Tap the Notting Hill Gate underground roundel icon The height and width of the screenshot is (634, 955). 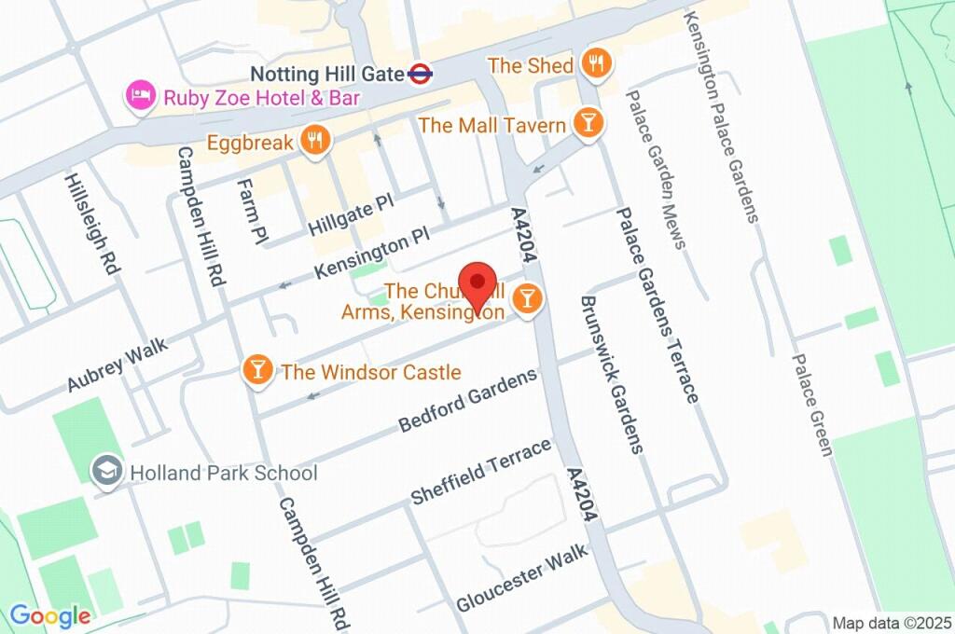[421, 74]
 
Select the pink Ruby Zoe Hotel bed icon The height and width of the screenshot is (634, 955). [141, 95]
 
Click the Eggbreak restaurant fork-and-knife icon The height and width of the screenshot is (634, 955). [316, 142]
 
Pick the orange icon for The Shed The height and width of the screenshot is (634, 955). [594, 64]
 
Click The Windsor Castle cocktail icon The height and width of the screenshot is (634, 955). [257, 371]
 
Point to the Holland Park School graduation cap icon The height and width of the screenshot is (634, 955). [107, 472]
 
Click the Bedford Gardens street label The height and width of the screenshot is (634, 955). [468, 400]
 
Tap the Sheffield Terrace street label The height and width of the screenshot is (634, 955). [481, 473]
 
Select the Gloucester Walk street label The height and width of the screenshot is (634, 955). [522, 578]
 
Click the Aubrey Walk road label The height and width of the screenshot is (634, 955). [118, 365]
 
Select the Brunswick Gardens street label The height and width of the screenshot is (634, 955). [611, 375]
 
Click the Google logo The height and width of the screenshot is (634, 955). [49, 615]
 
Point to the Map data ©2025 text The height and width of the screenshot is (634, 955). [891, 623]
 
